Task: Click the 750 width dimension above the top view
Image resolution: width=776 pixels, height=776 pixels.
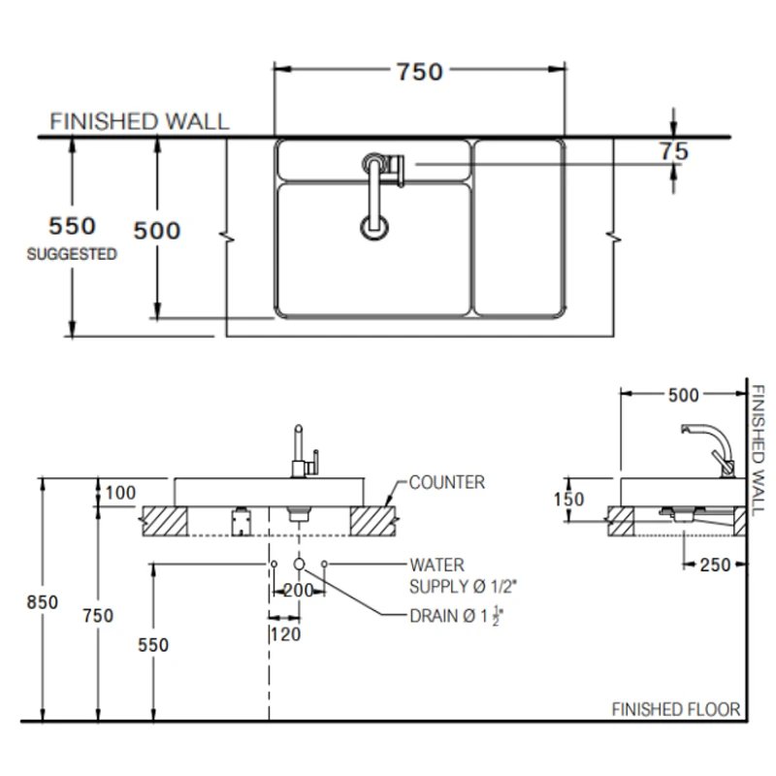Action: click(x=419, y=72)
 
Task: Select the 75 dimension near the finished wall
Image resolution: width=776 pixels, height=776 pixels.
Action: click(x=673, y=151)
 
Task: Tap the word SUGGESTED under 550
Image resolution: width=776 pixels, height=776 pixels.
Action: click(x=72, y=255)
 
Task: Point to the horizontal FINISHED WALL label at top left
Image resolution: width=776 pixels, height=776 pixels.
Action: click(x=140, y=121)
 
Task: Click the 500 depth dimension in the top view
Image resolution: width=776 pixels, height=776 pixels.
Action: click(x=156, y=231)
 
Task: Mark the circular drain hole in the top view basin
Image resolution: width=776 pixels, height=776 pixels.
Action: click(x=374, y=227)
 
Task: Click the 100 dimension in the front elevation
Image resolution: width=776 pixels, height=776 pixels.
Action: click(x=120, y=493)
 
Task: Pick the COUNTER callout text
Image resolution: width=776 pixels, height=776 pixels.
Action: click(x=446, y=482)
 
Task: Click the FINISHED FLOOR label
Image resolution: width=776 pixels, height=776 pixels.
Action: click(x=675, y=709)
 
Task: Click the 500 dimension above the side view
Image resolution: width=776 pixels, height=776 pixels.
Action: click(x=684, y=394)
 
